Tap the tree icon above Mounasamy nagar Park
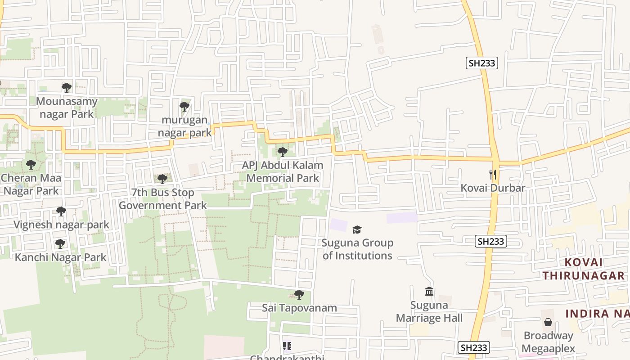pos(67,87)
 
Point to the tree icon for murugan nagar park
pos(184,107)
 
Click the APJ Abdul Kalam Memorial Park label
pos(283,171)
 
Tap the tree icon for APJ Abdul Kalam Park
pos(282,152)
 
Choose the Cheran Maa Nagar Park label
pos(31,184)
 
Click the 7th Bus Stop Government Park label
pos(162,199)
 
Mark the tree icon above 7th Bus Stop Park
pos(162,179)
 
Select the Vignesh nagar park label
pos(61,225)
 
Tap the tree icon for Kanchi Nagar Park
pos(60,244)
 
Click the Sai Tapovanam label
pos(299,308)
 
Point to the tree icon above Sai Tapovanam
pos(299,295)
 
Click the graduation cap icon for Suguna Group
pos(357,230)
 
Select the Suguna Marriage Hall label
pos(429,312)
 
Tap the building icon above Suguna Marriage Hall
pos(429,292)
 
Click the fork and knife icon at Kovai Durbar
pos(493,175)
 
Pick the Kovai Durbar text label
pos(493,188)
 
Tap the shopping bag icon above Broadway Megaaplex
pos(548,322)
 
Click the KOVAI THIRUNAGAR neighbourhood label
pos(583,269)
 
